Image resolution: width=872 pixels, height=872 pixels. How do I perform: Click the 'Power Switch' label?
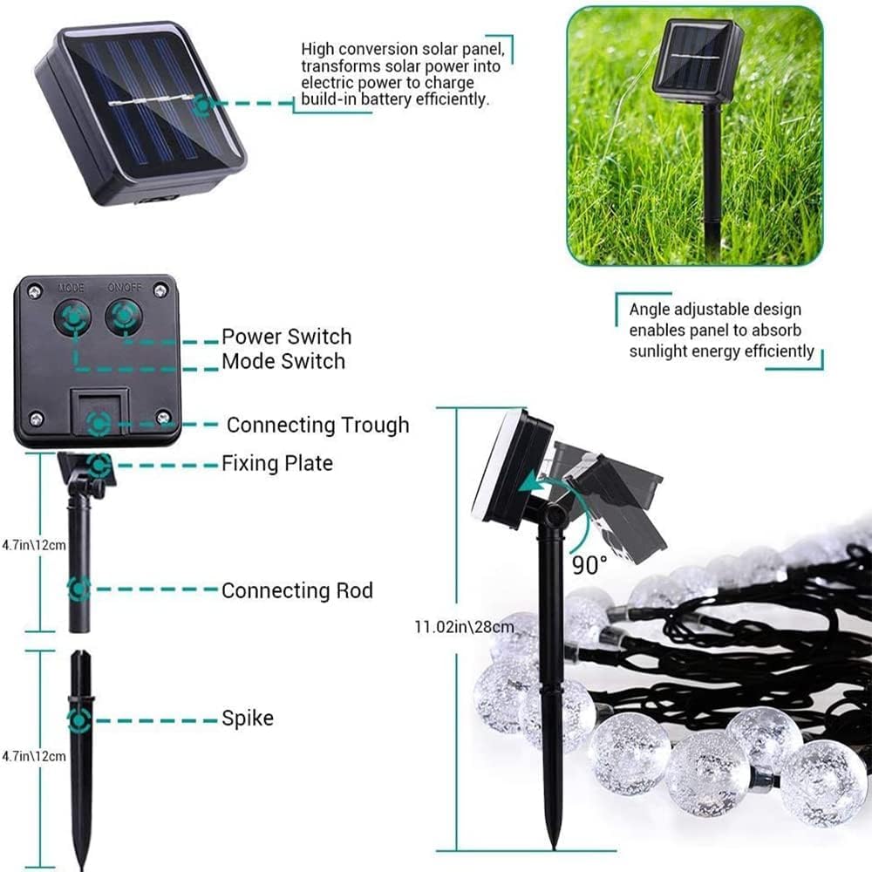pyautogui.click(x=286, y=337)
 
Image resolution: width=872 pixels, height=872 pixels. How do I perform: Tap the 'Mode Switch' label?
pyautogui.click(x=283, y=362)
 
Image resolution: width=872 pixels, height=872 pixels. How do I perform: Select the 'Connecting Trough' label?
pyautogui.click(x=318, y=425)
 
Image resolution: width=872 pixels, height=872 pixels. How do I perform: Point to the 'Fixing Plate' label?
pyautogui.click(x=277, y=463)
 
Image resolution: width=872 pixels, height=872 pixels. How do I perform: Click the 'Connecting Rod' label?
pyautogui.click(x=297, y=590)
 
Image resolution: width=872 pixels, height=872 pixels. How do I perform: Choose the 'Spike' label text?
pyautogui.click(x=248, y=718)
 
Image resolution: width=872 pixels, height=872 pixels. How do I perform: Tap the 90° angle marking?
pyautogui.click(x=589, y=565)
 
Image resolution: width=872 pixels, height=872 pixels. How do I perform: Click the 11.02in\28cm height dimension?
pyautogui.click(x=464, y=627)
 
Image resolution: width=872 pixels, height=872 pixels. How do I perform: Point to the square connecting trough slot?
pyautogui.click(x=100, y=412)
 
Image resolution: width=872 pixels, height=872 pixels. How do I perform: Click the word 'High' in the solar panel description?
pyautogui.click(x=317, y=50)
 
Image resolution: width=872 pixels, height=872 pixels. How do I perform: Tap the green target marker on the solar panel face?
pyautogui.click(x=202, y=106)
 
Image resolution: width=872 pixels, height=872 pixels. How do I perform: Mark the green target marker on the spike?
pyautogui.click(x=79, y=721)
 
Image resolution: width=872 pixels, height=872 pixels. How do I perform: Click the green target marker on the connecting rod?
pyautogui.click(x=79, y=589)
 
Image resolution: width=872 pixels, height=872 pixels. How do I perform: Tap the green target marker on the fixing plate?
pyautogui.click(x=100, y=465)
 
